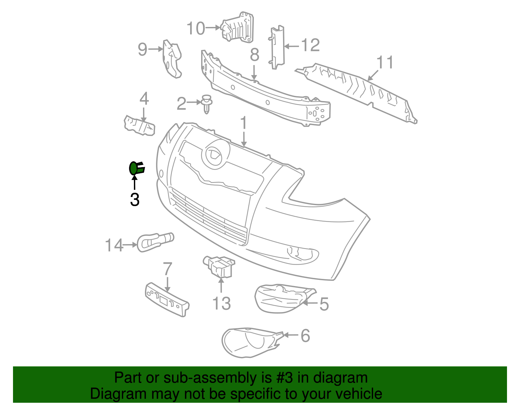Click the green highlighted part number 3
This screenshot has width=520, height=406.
(x=136, y=168)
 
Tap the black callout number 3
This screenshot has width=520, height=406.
(x=135, y=200)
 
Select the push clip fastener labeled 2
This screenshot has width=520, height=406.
(x=206, y=104)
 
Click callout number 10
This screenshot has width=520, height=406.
(x=196, y=28)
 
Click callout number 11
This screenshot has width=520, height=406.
(x=385, y=62)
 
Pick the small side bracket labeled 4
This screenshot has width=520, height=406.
(x=139, y=125)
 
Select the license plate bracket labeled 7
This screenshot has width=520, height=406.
(x=167, y=299)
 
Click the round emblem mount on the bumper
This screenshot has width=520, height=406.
(x=215, y=154)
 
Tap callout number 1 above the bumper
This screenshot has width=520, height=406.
(x=243, y=123)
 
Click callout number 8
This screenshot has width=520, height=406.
(x=254, y=55)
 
